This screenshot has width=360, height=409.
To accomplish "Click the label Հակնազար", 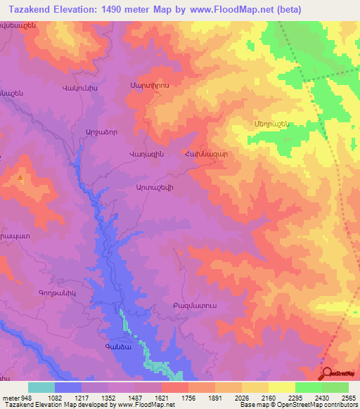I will [x=207, y=154].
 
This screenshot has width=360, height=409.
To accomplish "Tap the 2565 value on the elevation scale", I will [x=347, y=397].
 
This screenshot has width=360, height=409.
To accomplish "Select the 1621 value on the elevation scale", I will [x=161, y=397].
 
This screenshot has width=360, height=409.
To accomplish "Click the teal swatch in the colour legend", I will [x=41, y=387].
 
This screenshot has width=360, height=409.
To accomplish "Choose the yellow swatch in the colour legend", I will [x=281, y=387].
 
